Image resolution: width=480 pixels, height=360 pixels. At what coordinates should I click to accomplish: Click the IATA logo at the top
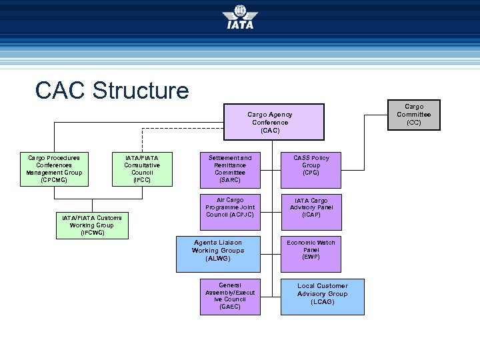tap(240, 17)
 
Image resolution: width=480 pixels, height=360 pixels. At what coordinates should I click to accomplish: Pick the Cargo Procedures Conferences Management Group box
tap(54, 169)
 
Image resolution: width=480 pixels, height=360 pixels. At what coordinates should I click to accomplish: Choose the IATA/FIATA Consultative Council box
tap(142, 169)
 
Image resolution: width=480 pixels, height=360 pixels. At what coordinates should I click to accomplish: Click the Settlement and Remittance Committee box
tap(230, 169)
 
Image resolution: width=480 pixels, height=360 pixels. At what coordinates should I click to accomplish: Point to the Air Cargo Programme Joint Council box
tap(230, 207)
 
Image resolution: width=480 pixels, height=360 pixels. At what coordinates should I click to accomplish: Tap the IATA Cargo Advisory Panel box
tap(311, 207)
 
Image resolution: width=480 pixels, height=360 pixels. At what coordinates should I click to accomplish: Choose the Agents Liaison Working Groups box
tap(218, 250)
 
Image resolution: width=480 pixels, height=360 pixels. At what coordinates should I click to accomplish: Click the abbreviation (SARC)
tap(230, 180)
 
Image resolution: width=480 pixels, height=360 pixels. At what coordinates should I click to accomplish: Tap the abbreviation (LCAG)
tap(322, 302)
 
